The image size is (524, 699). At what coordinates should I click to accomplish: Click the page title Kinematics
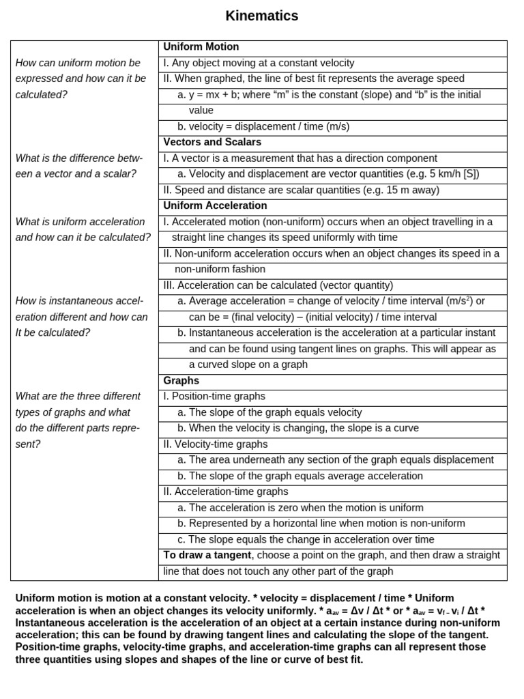(262, 16)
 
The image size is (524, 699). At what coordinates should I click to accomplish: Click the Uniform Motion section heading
(201, 47)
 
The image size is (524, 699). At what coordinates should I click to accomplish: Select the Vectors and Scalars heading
(212, 142)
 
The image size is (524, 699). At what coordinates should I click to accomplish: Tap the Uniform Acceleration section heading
(215, 205)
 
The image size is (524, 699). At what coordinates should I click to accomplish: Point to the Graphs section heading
(181, 380)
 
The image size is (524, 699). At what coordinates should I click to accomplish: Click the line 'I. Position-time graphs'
(214, 396)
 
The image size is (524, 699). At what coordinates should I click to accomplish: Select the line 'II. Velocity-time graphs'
(216, 444)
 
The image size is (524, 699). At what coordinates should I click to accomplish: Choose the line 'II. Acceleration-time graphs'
(226, 491)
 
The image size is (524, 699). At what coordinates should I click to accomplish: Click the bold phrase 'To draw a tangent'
(207, 555)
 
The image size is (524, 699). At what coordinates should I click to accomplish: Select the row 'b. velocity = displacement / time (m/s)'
(263, 126)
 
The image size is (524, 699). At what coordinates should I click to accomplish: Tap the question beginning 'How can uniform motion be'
(78, 63)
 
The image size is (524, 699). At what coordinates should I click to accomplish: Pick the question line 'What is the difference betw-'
(78, 158)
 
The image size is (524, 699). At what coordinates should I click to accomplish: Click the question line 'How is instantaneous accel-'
(80, 301)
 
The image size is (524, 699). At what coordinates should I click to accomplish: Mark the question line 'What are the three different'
(78, 396)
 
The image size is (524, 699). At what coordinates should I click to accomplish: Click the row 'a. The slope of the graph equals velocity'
(270, 412)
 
